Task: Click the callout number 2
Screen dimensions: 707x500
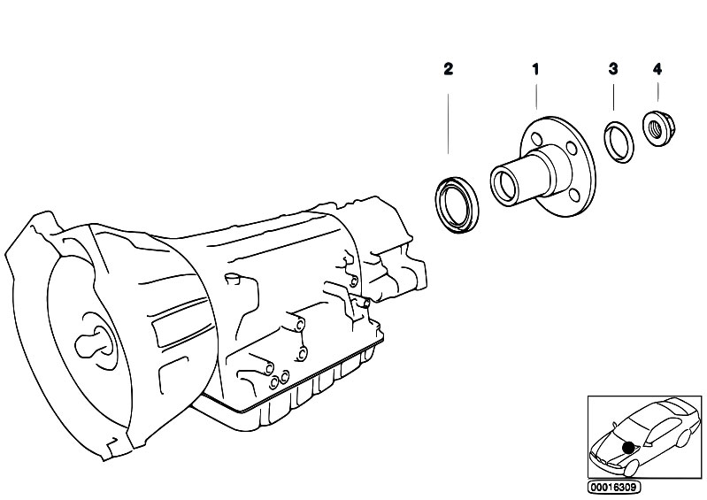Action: pos(448,69)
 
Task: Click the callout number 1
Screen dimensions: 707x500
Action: pos(535,69)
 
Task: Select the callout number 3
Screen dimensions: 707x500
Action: pos(613,69)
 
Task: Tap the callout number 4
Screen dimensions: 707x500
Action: pos(657,69)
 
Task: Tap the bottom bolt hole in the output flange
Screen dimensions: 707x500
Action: pos(573,195)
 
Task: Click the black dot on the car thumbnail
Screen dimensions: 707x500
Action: pos(627,448)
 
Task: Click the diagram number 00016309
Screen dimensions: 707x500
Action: pos(614,488)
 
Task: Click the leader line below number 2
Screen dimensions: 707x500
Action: pos(449,124)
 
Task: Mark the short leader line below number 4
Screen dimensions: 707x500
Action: pos(657,92)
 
